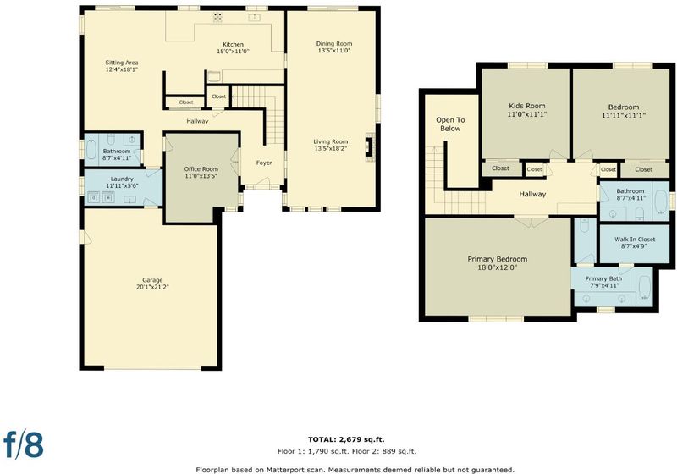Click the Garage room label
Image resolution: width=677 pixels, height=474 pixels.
[152, 280]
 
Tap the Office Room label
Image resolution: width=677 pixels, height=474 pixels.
[201, 169]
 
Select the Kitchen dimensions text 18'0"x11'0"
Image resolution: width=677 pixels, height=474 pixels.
[234, 52]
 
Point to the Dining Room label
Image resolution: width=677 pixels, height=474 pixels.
[334, 44]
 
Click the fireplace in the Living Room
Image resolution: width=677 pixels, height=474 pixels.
[369, 146]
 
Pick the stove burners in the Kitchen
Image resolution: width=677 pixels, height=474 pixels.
[217, 17]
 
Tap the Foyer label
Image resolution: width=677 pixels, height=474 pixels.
[264, 163]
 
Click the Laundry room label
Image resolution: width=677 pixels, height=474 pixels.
[122, 179]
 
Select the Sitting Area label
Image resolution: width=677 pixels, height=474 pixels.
[122, 63]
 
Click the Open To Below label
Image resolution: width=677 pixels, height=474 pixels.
[450, 124]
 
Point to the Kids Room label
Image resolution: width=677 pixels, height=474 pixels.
[526, 106]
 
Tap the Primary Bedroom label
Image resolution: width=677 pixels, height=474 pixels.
[498, 259]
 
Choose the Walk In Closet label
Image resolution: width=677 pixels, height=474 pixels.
[635, 240]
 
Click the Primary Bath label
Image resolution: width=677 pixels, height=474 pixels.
[603, 278]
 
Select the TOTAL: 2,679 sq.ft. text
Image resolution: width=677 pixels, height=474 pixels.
[346, 439]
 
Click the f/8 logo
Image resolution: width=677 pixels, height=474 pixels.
[24, 444]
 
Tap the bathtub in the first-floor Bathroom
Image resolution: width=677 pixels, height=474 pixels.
[91, 149]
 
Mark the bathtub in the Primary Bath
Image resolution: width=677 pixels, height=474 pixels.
[644, 289]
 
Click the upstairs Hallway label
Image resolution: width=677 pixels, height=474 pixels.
[532, 195]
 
